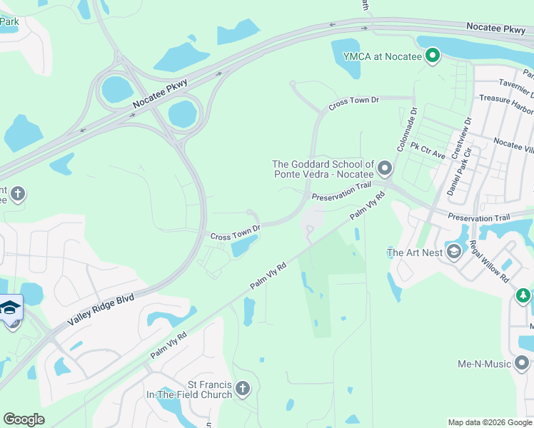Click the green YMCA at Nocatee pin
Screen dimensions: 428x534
pos(432,55)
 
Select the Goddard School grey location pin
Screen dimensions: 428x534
pos(385,169)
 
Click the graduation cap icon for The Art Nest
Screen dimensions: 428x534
pos(453,252)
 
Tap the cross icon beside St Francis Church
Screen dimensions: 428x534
pos(243,389)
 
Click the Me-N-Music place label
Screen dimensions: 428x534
pos(483,364)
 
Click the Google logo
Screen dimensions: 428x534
pos(24,419)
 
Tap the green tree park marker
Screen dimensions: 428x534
pos(523,295)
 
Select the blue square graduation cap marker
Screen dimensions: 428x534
pos(11,307)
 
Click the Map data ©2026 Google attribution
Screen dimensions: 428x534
pos(489,422)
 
